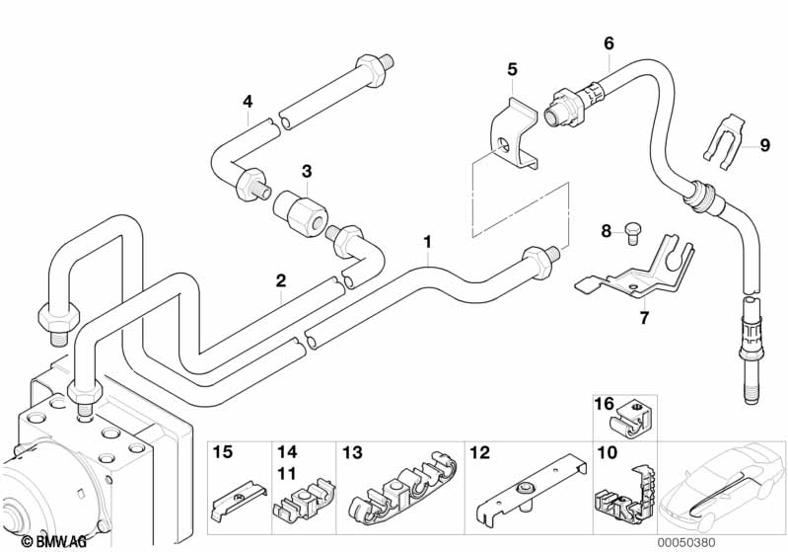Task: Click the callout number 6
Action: [609, 43]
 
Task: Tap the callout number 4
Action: [248, 102]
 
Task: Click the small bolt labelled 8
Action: [632, 233]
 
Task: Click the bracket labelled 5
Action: [513, 132]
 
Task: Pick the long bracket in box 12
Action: [531, 486]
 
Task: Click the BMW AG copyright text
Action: [54, 542]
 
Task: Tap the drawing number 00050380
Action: [686, 543]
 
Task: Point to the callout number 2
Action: [280, 280]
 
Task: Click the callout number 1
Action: [427, 242]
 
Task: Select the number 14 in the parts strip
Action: [287, 452]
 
